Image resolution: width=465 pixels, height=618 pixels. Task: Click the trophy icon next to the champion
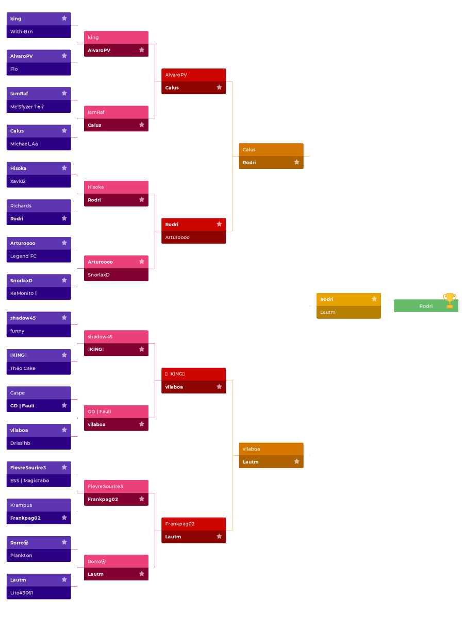pos(450,300)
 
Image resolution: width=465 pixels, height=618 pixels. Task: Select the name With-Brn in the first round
pos(22,31)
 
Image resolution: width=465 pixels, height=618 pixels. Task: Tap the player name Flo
pos(14,69)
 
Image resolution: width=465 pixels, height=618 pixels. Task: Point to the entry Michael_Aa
pos(24,144)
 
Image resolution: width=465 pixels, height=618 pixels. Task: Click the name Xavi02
pos(18,181)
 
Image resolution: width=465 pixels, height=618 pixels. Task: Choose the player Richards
pos(21,205)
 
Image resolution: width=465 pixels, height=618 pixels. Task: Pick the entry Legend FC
pos(24,256)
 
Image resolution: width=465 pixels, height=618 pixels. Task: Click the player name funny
pos(18,331)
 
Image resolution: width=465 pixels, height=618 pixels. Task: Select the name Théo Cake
pos(23,368)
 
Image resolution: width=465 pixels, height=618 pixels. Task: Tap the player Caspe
pos(18,393)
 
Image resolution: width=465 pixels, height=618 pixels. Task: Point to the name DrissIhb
pos(21,443)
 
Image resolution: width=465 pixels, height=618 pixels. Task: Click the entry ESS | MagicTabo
pos(30,480)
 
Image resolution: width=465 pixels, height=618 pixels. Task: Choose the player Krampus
pos(21,505)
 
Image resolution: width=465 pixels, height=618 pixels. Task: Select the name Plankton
pos(21,555)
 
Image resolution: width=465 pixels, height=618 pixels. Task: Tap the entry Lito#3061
pos(22,593)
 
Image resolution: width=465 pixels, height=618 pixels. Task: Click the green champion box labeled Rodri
pos(426,306)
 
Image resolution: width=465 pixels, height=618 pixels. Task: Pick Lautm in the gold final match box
pos(328,312)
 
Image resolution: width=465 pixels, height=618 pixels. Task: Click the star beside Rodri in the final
pos(374,299)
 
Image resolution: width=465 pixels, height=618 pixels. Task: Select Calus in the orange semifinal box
pos(249,149)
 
